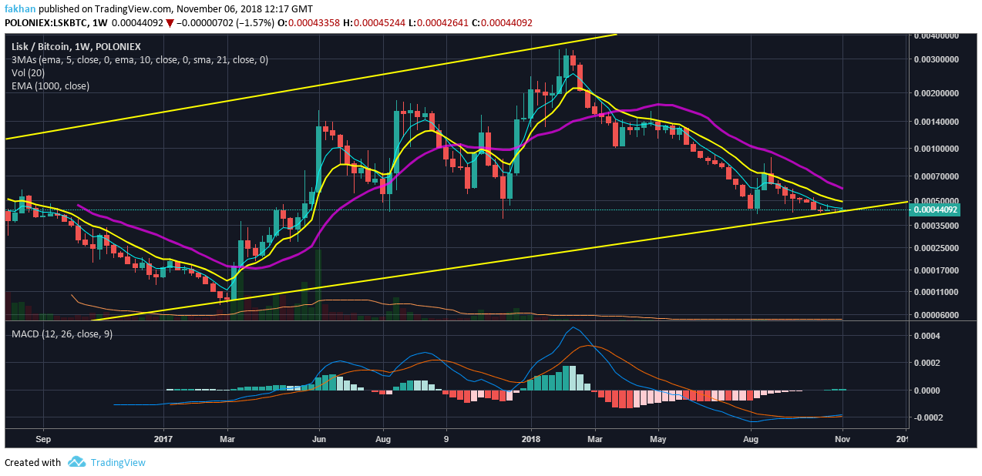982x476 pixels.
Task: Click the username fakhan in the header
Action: (21, 8)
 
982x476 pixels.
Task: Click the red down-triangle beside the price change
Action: (170, 23)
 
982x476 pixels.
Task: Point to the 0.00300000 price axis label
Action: (935, 59)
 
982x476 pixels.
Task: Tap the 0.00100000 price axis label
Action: (935, 149)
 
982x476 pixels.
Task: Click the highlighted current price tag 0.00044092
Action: (935, 210)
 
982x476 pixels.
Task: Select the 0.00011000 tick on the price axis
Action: (935, 293)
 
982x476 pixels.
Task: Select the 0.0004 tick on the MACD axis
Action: (929, 336)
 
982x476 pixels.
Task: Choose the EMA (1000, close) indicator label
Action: (50, 85)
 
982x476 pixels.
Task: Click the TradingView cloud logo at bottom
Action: (76, 462)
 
